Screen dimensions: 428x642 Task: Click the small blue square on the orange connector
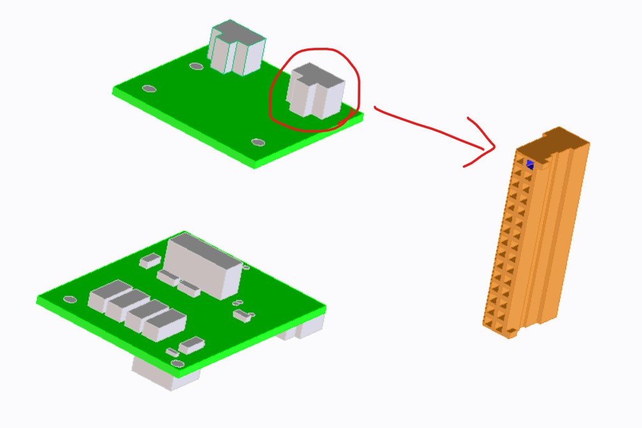click(530, 164)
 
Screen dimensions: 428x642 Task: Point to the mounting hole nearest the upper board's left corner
click(149, 89)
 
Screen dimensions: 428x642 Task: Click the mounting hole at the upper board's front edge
click(258, 142)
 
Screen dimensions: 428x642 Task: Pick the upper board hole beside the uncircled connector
click(196, 66)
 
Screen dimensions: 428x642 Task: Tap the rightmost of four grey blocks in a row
click(163, 325)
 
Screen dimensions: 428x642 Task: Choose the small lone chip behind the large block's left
click(150, 259)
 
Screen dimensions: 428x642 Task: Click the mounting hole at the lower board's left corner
click(69, 299)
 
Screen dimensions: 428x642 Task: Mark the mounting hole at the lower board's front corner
click(178, 364)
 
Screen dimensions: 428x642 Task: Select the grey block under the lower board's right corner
click(305, 327)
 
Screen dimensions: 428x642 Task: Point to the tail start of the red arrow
click(376, 109)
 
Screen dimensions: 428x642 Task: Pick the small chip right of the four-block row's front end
click(192, 345)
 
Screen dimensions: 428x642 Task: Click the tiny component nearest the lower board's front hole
click(172, 352)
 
